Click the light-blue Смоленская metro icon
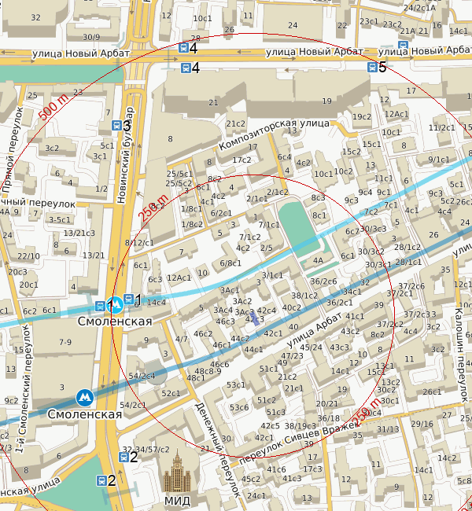[115, 302]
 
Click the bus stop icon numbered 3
[116, 126]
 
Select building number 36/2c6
[323, 281]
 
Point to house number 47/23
[292, 355]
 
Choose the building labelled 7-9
[65, 342]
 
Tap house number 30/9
[91, 37]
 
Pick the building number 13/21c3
[79, 233]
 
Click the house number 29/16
[422, 425]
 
